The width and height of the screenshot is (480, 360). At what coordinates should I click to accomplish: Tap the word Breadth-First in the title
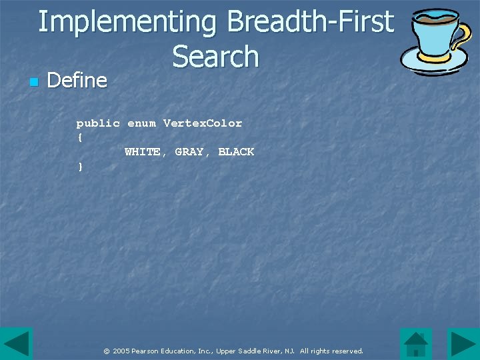click(310, 21)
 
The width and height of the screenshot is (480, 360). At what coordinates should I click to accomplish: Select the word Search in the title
click(215, 56)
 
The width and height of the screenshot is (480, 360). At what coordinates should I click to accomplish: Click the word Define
click(77, 81)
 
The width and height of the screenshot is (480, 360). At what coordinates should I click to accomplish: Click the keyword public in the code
click(98, 123)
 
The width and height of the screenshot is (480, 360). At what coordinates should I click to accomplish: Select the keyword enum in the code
click(141, 123)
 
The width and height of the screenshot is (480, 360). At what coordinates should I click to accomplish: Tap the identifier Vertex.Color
click(203, 123)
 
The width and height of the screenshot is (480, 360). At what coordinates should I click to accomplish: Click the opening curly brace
click(80, 137)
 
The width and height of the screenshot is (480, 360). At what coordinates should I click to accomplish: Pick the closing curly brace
click(80, 167)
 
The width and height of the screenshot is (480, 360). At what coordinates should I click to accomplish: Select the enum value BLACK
click(236, 152)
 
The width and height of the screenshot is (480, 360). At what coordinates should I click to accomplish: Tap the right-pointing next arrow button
click(463, 344)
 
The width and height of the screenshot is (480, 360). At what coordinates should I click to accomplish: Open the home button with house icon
click(416, 344)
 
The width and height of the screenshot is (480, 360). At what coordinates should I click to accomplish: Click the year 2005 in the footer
click(121, 351)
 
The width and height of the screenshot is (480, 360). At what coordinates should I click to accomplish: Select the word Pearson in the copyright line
click(146, 351)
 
